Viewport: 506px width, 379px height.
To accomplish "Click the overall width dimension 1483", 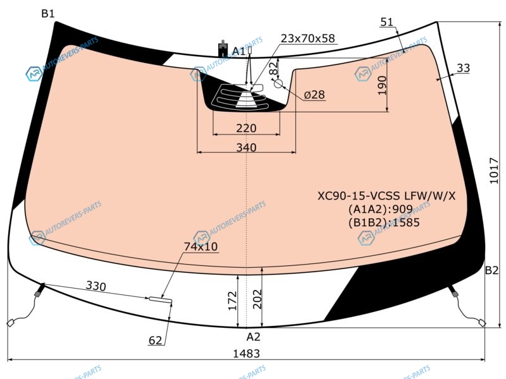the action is pos(246,354).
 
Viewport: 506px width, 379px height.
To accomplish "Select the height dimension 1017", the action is pos(494,171).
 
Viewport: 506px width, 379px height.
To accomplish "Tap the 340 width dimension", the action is pos(246,147).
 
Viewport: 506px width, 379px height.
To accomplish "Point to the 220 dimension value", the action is pos(246,128).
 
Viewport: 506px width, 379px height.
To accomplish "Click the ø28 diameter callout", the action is pos(314,95).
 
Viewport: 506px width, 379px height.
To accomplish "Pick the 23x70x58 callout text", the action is pos(308,39).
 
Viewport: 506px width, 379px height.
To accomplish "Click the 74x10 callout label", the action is pos(201,246).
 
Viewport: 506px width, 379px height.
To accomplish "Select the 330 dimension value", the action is pos(96,286).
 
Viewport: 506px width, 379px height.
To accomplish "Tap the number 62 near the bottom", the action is pos(155,340).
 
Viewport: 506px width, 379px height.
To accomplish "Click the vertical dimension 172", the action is pos(232,301).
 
